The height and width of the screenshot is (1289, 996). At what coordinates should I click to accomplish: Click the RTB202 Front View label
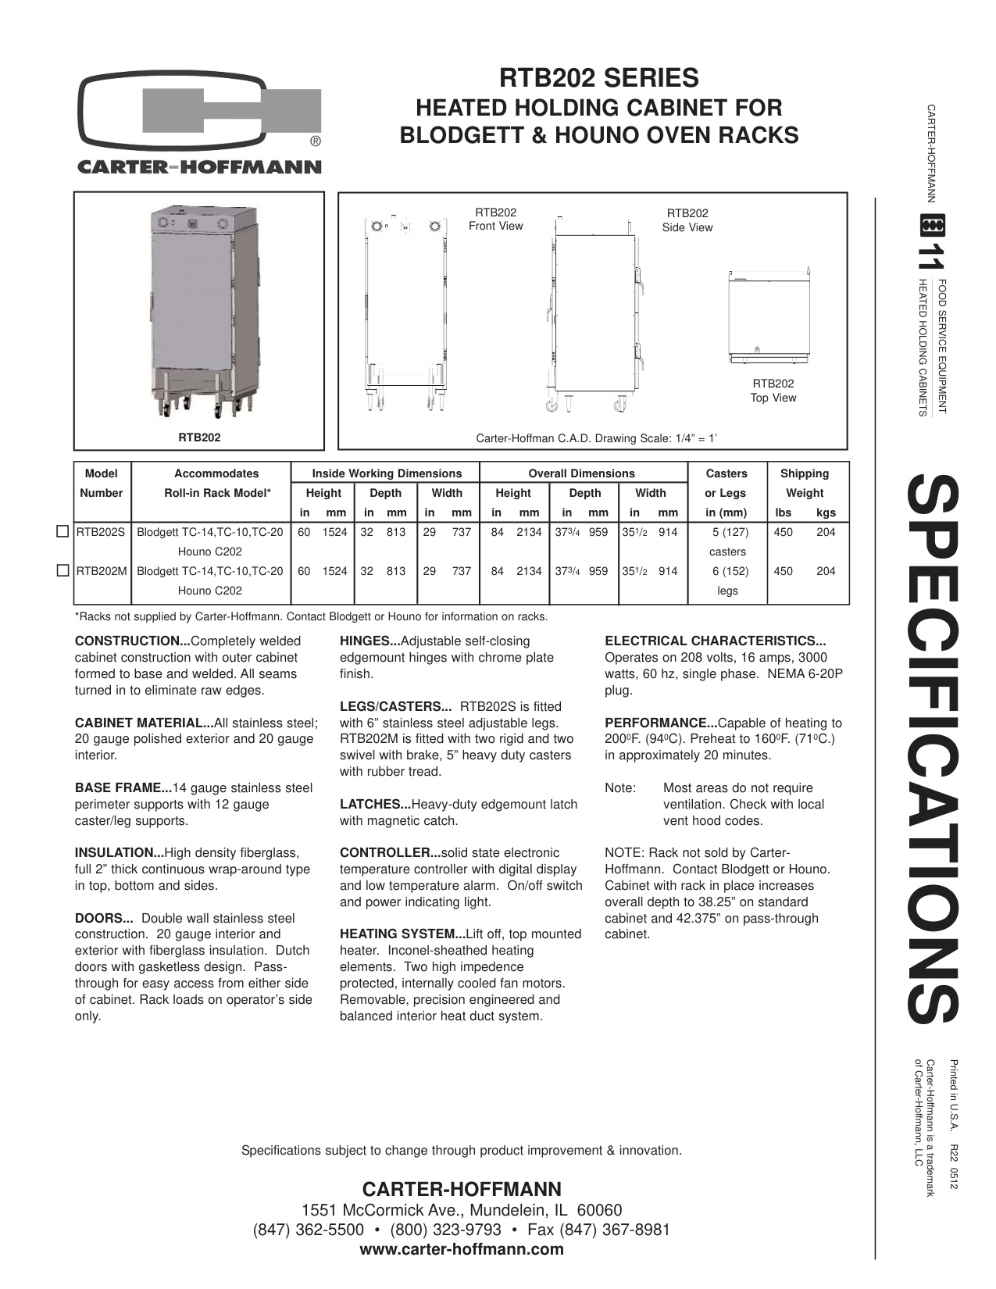tap(495, 220)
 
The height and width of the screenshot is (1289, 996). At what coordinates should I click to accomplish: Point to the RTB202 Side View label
tap(687, 220)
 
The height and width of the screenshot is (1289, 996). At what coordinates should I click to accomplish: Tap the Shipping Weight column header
tap(805, 483)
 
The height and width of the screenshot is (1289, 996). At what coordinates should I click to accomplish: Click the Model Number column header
tap(102, 483)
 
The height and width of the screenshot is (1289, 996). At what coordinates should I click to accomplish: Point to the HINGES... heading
tap(369, 641)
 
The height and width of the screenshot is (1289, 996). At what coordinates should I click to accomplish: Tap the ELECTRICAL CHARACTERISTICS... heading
tap(716, 641)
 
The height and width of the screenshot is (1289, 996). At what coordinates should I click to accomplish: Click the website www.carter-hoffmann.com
tap(462, 1249)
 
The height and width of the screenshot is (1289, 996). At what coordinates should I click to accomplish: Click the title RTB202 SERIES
tap(599, 78)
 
